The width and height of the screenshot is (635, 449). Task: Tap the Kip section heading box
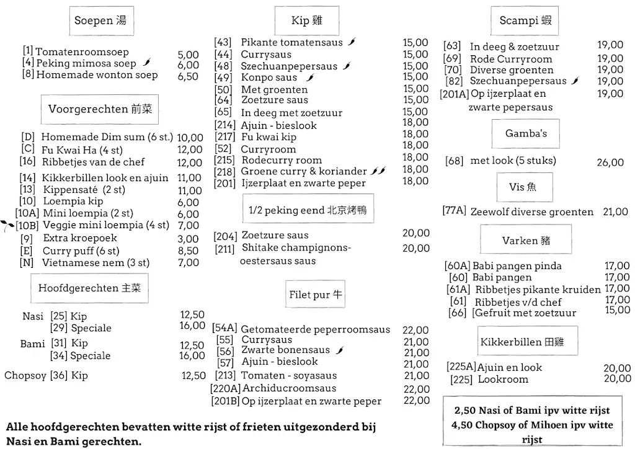click(306, 21)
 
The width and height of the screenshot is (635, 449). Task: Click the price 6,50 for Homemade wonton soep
click(188, 76)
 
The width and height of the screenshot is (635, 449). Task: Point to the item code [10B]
click(27, 225)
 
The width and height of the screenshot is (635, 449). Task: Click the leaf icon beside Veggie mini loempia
click(7, 226)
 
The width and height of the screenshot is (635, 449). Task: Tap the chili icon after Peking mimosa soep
click(147, 63)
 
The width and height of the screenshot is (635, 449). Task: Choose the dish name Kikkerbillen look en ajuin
click(105, 177)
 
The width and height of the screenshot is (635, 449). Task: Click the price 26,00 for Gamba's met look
click(610, 162)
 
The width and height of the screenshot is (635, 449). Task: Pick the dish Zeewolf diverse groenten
click(531, 211)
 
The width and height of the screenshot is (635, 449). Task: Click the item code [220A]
click(226, 388)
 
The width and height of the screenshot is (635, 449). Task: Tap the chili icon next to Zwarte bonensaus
click(339, 350)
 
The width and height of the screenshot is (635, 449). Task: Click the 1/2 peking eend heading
click(307, 210)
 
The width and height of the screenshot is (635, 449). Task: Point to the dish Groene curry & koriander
click(304, 171)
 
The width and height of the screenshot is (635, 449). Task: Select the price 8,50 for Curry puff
click(188, 251)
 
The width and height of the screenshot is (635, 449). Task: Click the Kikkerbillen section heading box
click(521, 342)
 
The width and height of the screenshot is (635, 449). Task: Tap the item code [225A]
click(461, 367)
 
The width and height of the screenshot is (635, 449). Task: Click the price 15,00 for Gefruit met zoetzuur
click(617, 311)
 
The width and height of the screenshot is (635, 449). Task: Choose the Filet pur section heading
click(316, 295)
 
